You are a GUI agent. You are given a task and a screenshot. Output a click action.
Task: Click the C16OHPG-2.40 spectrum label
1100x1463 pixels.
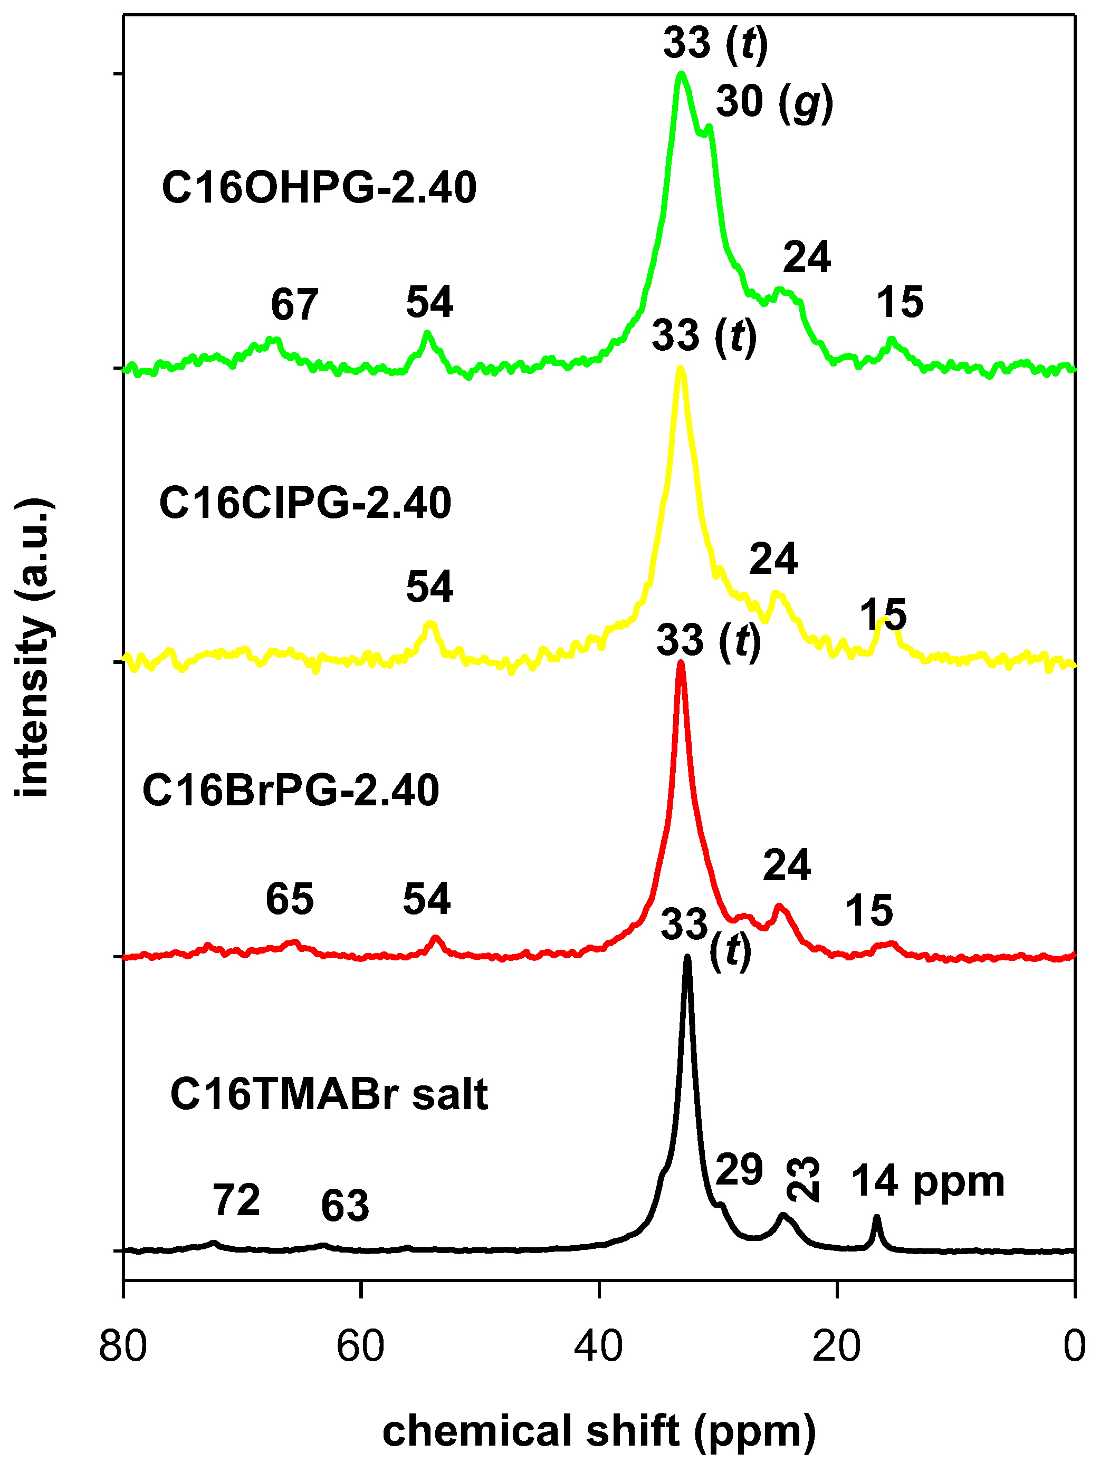pyautogui.click(x=319, y=188)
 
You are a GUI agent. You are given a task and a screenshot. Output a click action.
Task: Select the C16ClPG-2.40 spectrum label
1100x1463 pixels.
pyautogui.click(x=305, y=503)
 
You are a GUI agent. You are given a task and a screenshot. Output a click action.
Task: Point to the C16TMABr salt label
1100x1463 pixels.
pyautogui.click(x=329, y=1094)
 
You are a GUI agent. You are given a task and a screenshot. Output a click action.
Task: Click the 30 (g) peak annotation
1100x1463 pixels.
pyautogui.click(x=774, y=104)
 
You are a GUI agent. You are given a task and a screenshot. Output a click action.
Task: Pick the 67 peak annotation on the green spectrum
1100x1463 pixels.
pyautogui.click(x=294, y=305)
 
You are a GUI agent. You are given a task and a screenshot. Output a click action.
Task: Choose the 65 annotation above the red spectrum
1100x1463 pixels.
pyautogui.click(x=290, y=900)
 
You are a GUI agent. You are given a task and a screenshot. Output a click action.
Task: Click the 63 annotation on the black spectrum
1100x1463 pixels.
pyautogui.click(x=345, y=1206)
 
